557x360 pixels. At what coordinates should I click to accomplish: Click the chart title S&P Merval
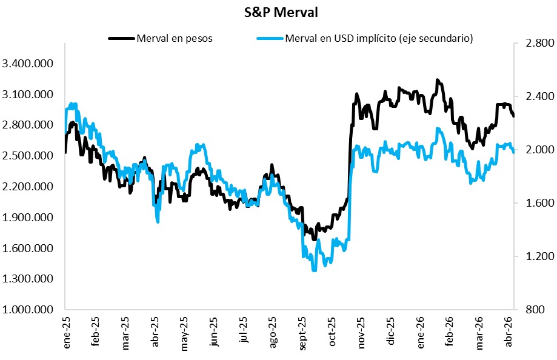tap(278, 13)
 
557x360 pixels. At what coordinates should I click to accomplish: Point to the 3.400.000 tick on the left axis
tap(28, 64)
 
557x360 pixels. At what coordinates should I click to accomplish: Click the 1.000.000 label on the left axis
tap(28, 310)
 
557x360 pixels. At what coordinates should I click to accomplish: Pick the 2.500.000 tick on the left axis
tap(28, 156)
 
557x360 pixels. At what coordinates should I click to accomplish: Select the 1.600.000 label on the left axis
tap(28, 248)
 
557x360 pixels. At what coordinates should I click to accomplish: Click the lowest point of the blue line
tap(314, 270)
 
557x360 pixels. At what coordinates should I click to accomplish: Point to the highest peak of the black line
tap(438, 79)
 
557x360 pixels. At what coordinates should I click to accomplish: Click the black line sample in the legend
tap(121, 38)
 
